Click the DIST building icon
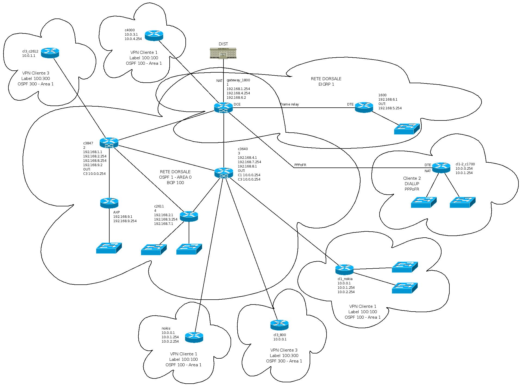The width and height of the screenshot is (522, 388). [223, 53]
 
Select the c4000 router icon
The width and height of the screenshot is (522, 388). [154, 36]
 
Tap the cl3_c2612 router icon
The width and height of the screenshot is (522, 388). [50, 53]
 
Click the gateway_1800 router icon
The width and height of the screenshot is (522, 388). [223, 108]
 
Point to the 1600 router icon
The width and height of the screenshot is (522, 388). [364, 107]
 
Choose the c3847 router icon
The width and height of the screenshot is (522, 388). [109, 143]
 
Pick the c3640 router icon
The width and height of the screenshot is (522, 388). [223, 173]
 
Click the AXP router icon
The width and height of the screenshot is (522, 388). [109, 203]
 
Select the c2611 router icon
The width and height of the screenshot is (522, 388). [189, 216]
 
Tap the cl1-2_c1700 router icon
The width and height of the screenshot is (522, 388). [441, 167]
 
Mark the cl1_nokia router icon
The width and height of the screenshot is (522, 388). [344, 269]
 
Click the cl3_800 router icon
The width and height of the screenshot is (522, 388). [279, 325]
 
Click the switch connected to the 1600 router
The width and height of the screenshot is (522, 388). [407, 129]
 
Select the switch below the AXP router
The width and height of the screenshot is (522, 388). [109, 248]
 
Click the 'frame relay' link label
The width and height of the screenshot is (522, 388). [290, 104]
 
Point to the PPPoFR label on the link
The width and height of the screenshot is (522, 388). [300, 165]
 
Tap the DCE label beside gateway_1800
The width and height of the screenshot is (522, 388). [237, 104]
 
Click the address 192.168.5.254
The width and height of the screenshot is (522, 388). [390, 108]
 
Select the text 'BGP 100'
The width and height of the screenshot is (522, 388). [175, 183]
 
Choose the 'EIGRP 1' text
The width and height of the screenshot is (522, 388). [326, 84]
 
